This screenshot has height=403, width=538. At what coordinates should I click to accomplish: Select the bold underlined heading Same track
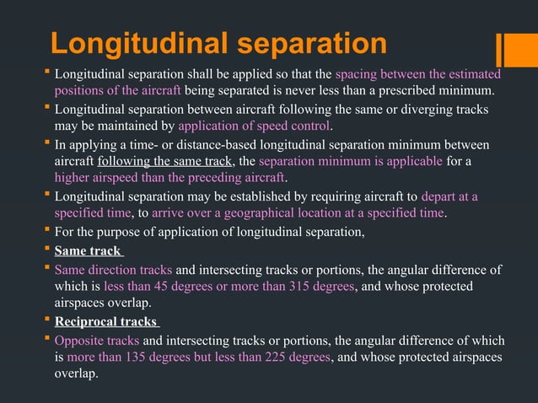click(88, 251)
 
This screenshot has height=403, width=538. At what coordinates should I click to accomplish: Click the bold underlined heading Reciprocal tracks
click(105, 322)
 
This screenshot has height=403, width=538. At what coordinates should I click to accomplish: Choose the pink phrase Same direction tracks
click(114, 270)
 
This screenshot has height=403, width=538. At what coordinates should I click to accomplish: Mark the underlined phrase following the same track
click(164, 162)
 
